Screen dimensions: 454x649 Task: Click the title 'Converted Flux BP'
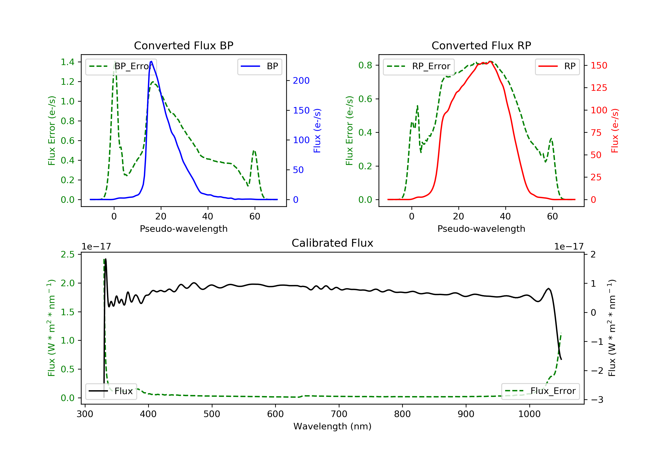(183, 45)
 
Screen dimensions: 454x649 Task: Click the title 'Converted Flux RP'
(481, 45)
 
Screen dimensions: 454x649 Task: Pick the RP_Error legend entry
(419, 66)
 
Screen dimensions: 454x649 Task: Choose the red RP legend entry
(557, 66)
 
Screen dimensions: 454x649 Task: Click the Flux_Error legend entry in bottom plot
(540, 391)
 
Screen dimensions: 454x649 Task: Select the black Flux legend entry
(111, 391)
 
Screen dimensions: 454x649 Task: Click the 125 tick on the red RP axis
(599, 88)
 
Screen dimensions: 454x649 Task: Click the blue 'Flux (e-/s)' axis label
(317, 131)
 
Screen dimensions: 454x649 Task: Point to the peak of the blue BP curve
(151, 61)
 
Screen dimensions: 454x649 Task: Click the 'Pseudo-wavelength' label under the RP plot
(481, 229)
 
